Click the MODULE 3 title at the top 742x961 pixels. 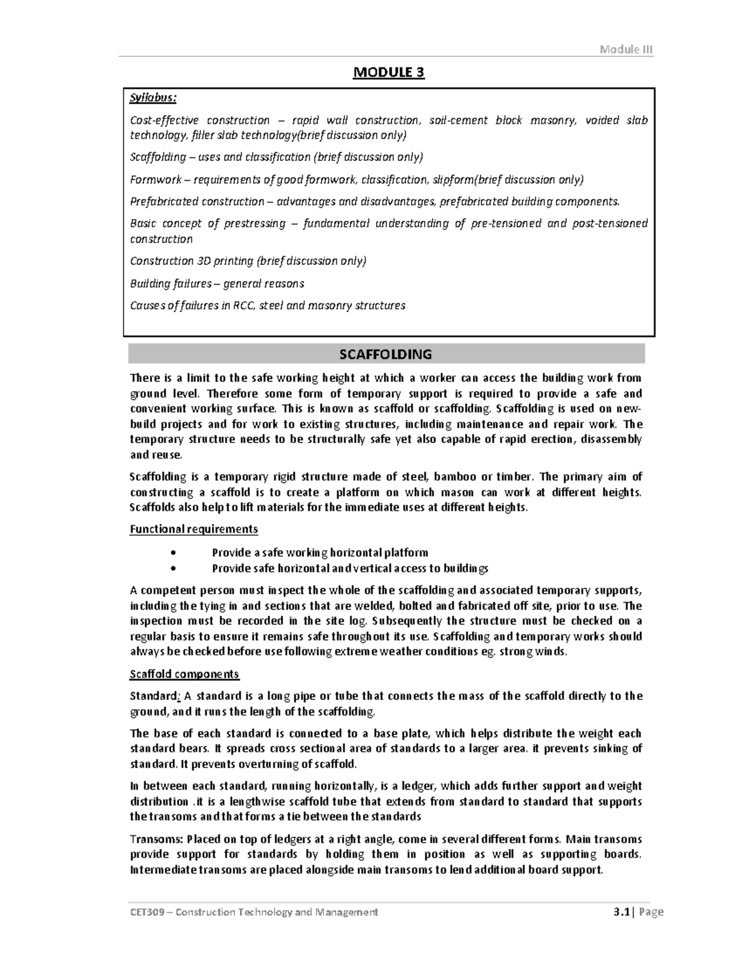388,73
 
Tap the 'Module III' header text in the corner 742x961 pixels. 626,50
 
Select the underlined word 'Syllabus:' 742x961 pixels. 153,98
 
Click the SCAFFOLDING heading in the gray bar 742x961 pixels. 385,354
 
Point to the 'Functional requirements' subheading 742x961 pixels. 194,529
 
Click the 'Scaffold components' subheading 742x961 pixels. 184,674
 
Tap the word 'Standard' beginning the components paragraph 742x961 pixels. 153,696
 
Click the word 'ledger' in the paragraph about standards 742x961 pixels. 419,786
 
